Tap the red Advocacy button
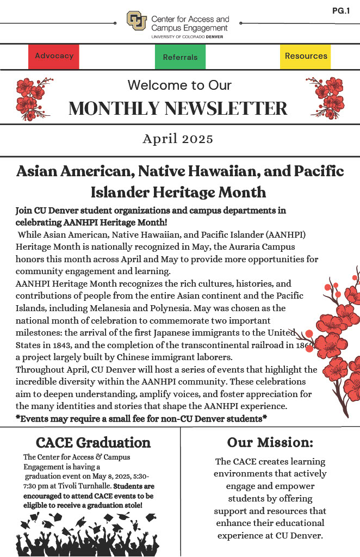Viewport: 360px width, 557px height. (54, 56)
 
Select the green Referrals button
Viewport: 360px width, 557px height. (180, 57)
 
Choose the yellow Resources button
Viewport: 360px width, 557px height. (306, 56)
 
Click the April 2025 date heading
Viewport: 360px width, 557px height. (178, 139)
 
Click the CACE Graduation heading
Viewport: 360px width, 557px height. (93, 442)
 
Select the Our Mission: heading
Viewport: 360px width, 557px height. (270, 442)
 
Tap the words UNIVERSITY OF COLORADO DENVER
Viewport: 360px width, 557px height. (187, 36)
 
